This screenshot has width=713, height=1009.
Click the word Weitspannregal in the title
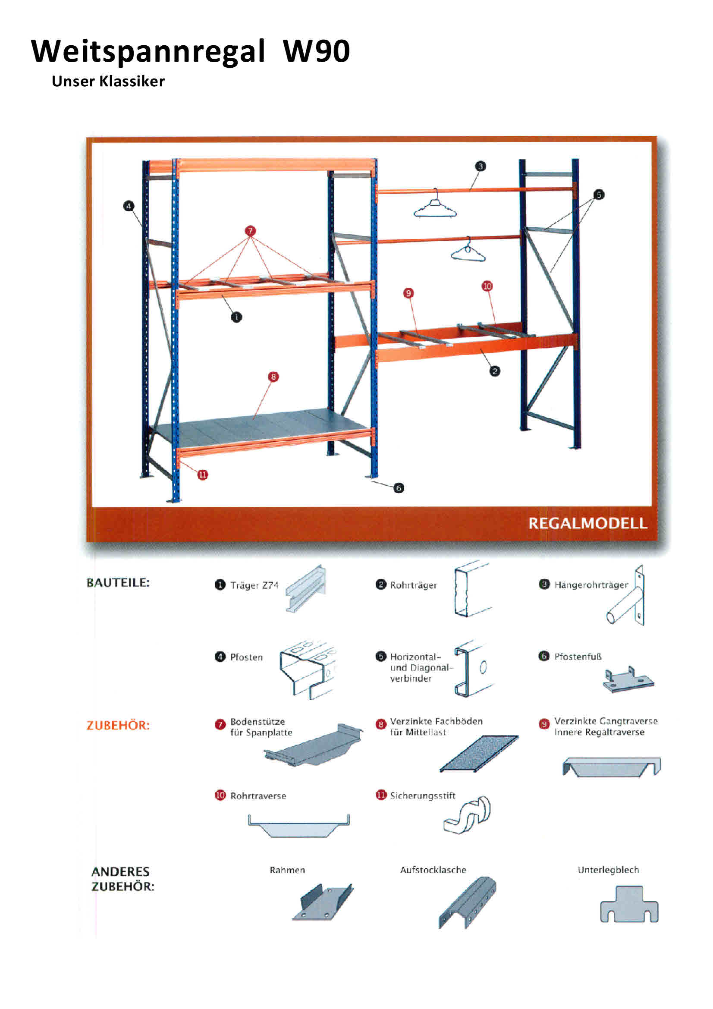[148, 52]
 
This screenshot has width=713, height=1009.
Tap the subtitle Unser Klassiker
[108, 81]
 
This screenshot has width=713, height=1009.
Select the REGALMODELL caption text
[587, 523]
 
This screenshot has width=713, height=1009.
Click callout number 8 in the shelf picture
[273, 377]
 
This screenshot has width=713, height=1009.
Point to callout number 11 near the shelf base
[202, 475]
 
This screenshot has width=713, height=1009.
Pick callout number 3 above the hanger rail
[480, 166]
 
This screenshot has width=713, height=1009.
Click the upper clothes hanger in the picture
[435, 207]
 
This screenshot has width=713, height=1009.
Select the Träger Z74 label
[254, 585]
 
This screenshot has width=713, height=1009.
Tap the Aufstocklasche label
[433, 870]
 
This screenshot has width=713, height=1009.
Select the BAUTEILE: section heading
[118, 583]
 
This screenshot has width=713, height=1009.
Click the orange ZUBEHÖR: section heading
[118, 725]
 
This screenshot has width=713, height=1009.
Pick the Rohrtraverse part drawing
[299, 826]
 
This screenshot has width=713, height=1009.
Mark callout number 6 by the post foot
[399, 488]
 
